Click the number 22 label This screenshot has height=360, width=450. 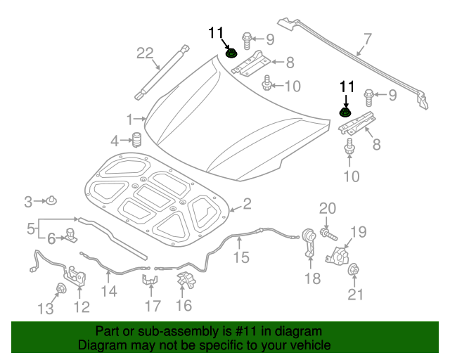pos(145,53)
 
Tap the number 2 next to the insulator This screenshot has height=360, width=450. pos(247,204)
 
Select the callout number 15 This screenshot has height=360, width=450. pos(241,257)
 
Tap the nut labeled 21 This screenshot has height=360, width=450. pos(355,270)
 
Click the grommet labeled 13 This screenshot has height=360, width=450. pos(61,288)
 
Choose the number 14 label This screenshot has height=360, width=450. pos(109,290)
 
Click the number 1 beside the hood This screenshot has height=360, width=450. pos(130,118)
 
